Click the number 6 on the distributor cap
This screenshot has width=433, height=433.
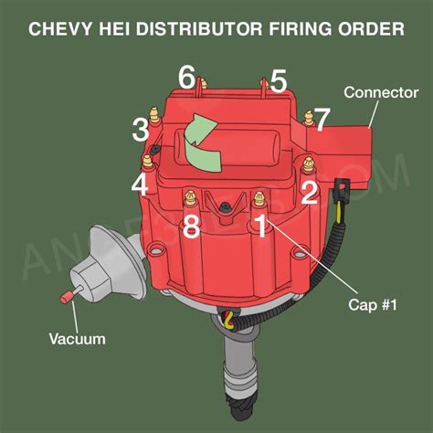187,78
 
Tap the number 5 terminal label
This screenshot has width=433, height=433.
279,79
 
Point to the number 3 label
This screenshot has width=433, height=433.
140,130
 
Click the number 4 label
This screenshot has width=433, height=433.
140,185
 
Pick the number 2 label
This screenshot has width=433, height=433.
309,192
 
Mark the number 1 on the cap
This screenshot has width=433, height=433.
260,226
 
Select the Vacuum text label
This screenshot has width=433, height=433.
77,339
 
